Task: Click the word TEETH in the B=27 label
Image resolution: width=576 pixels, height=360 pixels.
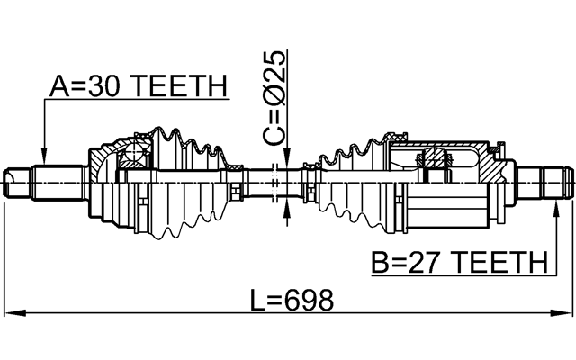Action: click(x=499, y=263)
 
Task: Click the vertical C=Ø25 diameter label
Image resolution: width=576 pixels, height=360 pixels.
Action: click(x=275, y=98)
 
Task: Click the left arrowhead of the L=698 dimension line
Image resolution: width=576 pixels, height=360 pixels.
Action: click(x=11, y=314)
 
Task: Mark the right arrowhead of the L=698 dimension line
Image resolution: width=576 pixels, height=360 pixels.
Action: click(x=564, y=314)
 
